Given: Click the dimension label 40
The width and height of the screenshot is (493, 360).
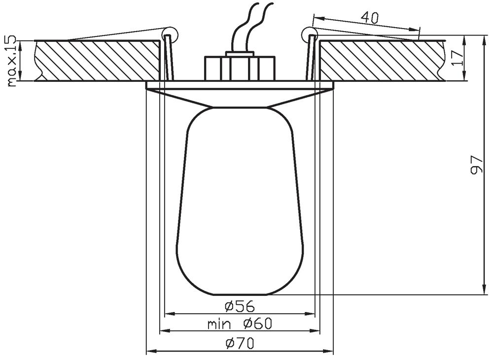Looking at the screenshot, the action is coord(369,18).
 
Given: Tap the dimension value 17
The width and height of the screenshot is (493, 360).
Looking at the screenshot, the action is coord(457,57).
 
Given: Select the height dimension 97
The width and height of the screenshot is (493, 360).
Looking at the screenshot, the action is coord(477,165).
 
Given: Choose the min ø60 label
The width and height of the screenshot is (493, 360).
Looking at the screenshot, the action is coord(240,324).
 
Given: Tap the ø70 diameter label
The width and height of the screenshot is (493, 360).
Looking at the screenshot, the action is coord(240,343).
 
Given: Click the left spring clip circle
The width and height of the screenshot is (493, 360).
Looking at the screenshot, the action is coord(170,34).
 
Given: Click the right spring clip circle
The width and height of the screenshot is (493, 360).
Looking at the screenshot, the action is coord(308,34).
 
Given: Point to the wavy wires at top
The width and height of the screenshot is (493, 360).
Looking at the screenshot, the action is coord(250,27).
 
